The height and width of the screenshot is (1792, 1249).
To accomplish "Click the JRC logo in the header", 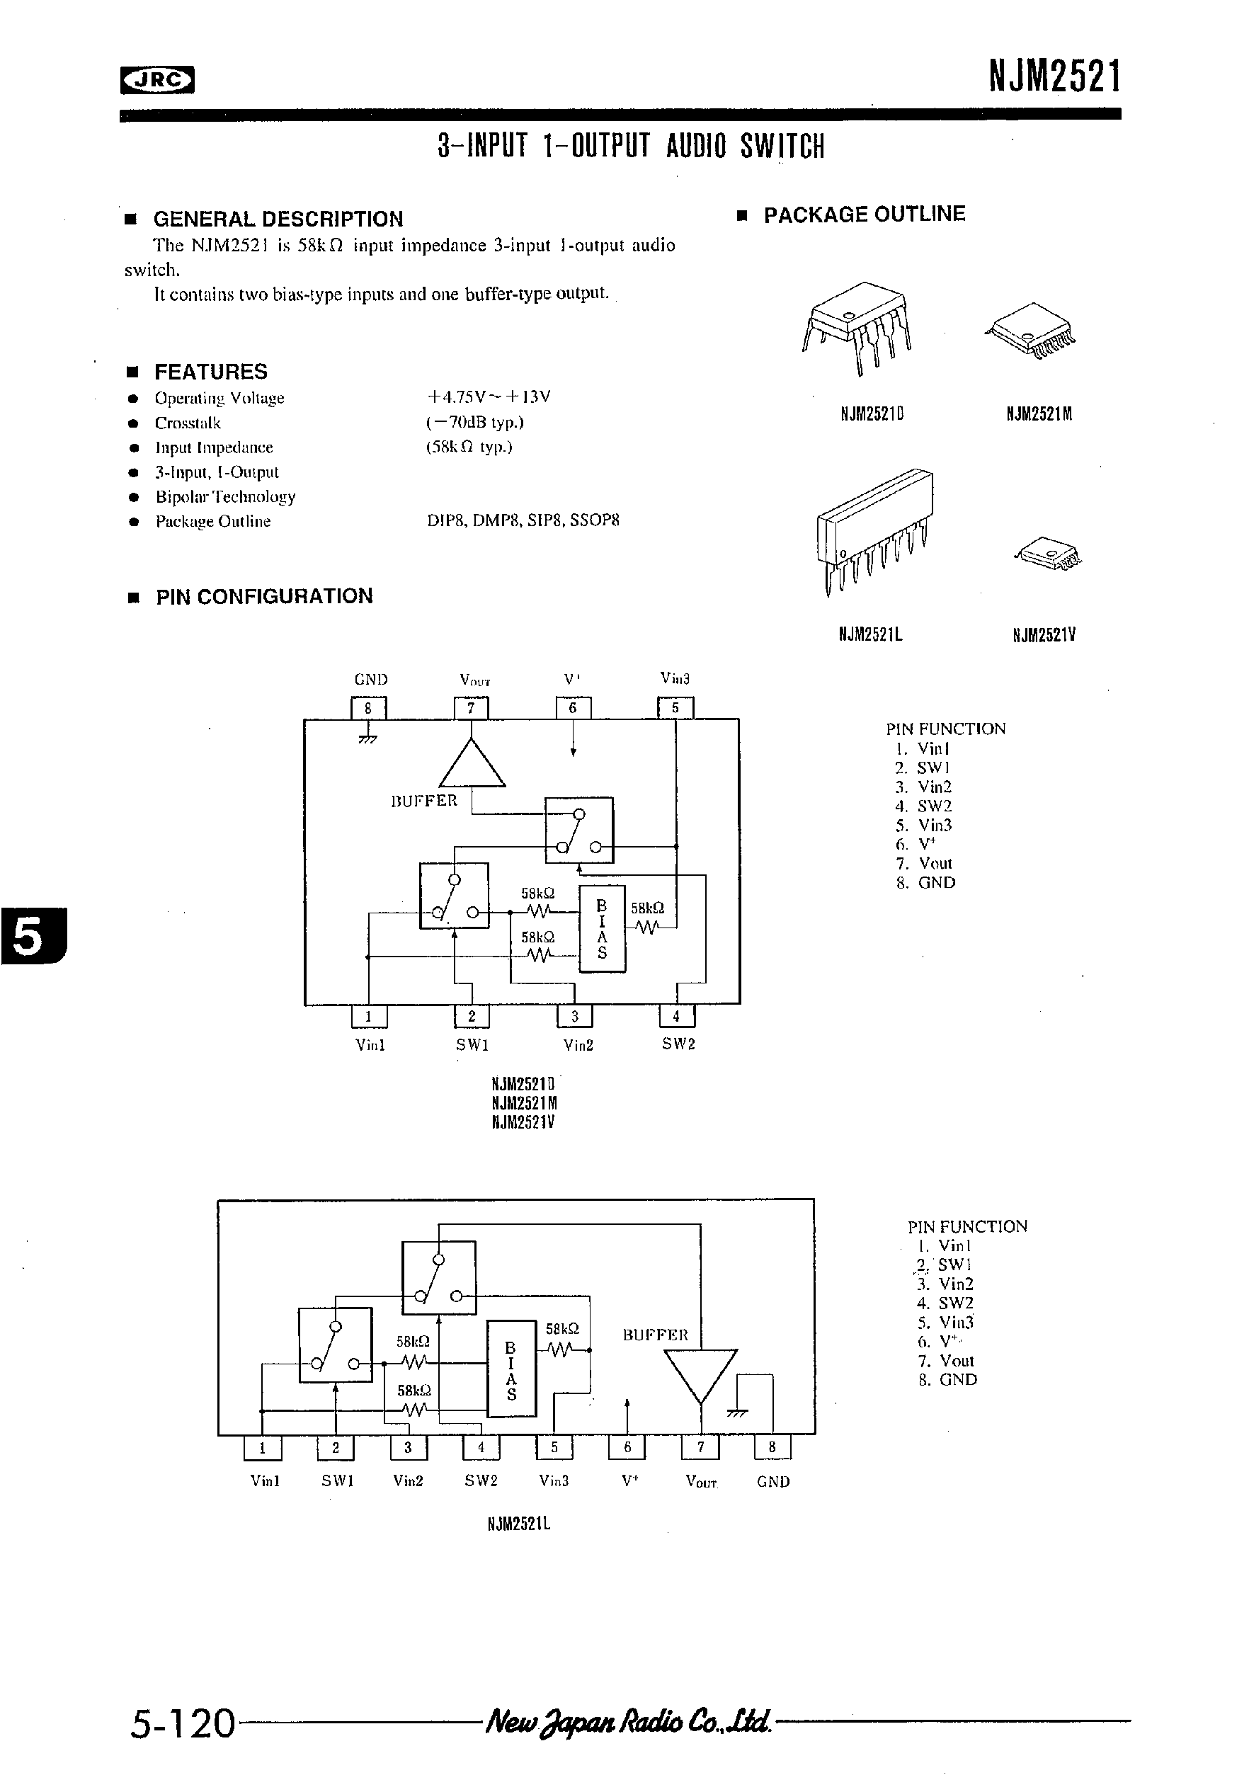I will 157,79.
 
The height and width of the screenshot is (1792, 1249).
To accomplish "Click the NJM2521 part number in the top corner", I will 1054,76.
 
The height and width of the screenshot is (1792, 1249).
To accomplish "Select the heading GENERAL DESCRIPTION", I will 278,219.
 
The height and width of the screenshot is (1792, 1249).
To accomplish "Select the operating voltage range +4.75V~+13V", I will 488,396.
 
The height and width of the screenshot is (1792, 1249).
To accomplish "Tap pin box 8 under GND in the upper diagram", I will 367,708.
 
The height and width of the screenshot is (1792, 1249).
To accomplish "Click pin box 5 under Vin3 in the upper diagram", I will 675,708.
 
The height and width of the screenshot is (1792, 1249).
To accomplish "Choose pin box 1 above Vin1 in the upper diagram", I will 368,1016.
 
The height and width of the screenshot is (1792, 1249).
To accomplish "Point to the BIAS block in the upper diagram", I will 602,928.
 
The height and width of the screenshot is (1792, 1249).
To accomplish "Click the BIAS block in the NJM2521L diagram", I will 511,1367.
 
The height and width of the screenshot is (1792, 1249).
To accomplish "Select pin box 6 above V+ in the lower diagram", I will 627,1447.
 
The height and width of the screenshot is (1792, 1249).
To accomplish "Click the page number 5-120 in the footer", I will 183,1723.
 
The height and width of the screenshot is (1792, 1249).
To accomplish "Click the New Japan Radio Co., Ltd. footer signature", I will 629,1720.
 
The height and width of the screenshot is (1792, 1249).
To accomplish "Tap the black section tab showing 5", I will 33,936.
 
